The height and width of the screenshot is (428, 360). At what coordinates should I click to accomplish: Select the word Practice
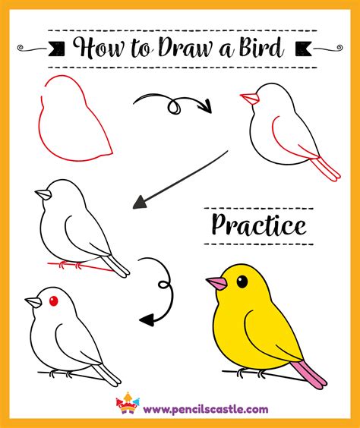[259, 225]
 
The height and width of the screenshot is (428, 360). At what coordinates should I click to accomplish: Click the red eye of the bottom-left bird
[53, 302]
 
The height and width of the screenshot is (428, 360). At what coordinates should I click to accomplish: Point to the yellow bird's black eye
[242, 282]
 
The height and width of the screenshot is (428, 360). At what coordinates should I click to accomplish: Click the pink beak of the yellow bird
[216, 285]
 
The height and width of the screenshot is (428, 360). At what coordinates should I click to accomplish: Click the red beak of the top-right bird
[248, 98]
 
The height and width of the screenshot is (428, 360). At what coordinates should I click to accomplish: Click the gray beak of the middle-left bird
[43, 195]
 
